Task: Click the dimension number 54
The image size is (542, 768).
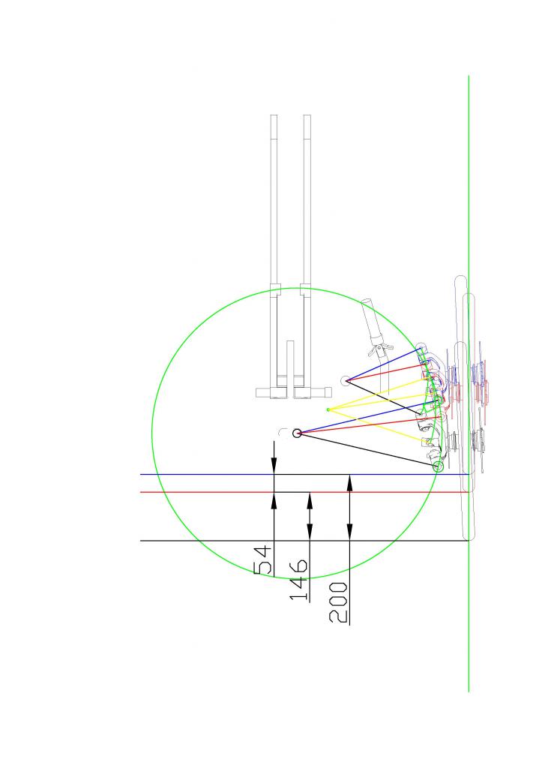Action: click(x=263, y=559)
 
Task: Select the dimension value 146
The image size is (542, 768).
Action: click(x=298, y=580)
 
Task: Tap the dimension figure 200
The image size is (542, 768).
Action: click(x=339, y=602)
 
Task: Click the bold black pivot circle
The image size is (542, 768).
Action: click(x=297, y=433)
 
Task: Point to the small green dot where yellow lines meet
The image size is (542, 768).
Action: click(x=328, y=409)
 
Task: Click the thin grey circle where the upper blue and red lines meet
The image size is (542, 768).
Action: click(x=346, y=380)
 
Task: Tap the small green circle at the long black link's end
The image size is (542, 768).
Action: click(x=439, y=466)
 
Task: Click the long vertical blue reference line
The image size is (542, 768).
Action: click(x=304, y=475)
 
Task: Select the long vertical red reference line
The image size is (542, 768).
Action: click(x=304, y=492)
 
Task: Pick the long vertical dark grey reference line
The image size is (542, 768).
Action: click(x=304, y=541)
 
